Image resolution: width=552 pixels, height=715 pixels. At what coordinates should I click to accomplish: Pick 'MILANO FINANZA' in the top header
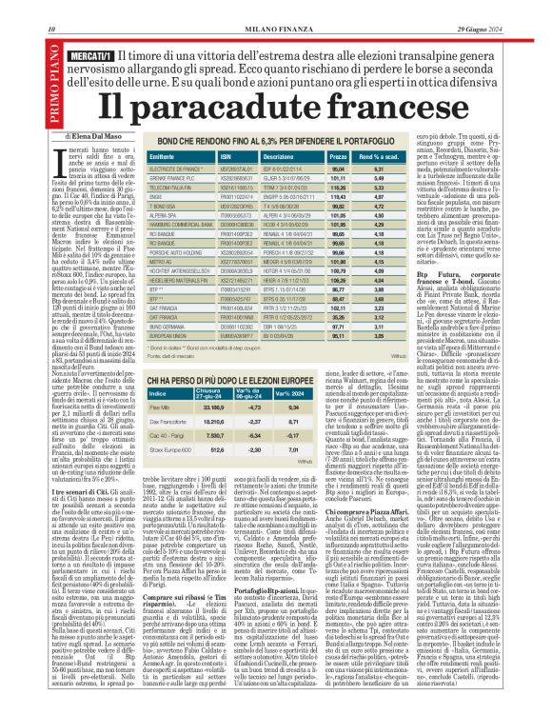(x=275, y=8)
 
